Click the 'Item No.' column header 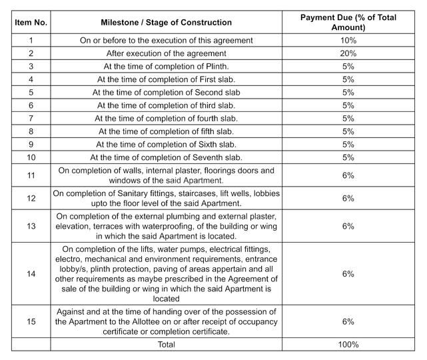31,23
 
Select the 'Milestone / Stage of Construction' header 167,23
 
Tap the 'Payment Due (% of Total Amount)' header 348,23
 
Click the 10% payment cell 348,41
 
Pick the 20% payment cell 348,53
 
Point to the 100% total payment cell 348,345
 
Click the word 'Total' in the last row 166,345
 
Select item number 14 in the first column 31,273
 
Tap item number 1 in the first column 31,41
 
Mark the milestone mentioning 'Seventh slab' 166,158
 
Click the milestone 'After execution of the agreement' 166,53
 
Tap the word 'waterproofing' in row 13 182,226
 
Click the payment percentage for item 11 348,175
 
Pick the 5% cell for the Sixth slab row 348,145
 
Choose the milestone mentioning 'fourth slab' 166,119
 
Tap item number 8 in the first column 31,132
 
